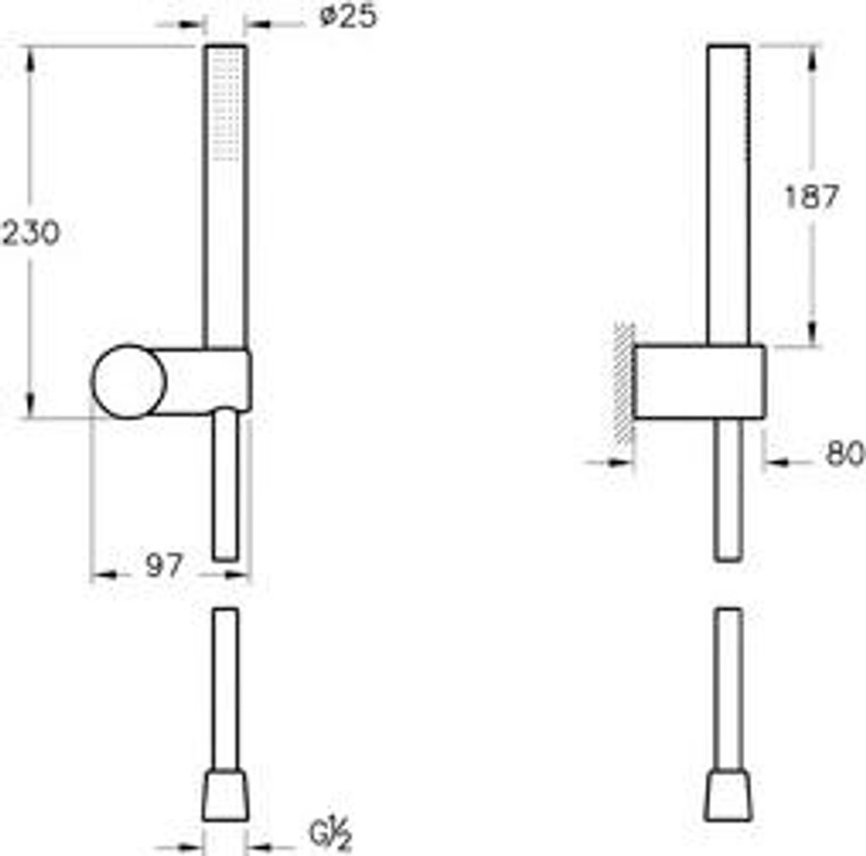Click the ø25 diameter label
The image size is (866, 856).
click(x=348, y=17)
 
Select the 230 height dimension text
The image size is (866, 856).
click(x=30, y=233)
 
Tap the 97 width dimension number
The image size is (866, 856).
click(x=163, y=565)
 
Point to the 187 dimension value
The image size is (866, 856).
click(x=811, y=196)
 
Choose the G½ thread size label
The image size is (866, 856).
click(x=331, y=834)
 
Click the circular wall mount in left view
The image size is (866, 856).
click(x=129, y=381)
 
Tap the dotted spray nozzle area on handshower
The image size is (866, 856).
click(x=227, y=105)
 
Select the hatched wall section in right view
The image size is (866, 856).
click(x=624, y=383)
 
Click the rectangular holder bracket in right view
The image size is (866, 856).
click(x=699, y=381)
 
